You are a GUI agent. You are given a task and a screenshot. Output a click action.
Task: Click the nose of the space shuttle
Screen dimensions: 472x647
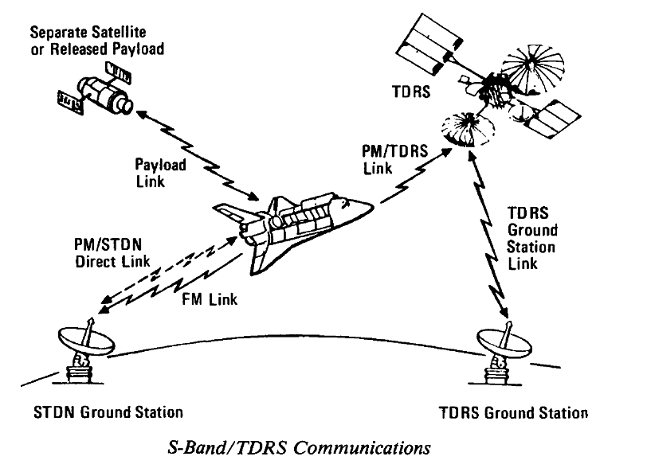point(366,205)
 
